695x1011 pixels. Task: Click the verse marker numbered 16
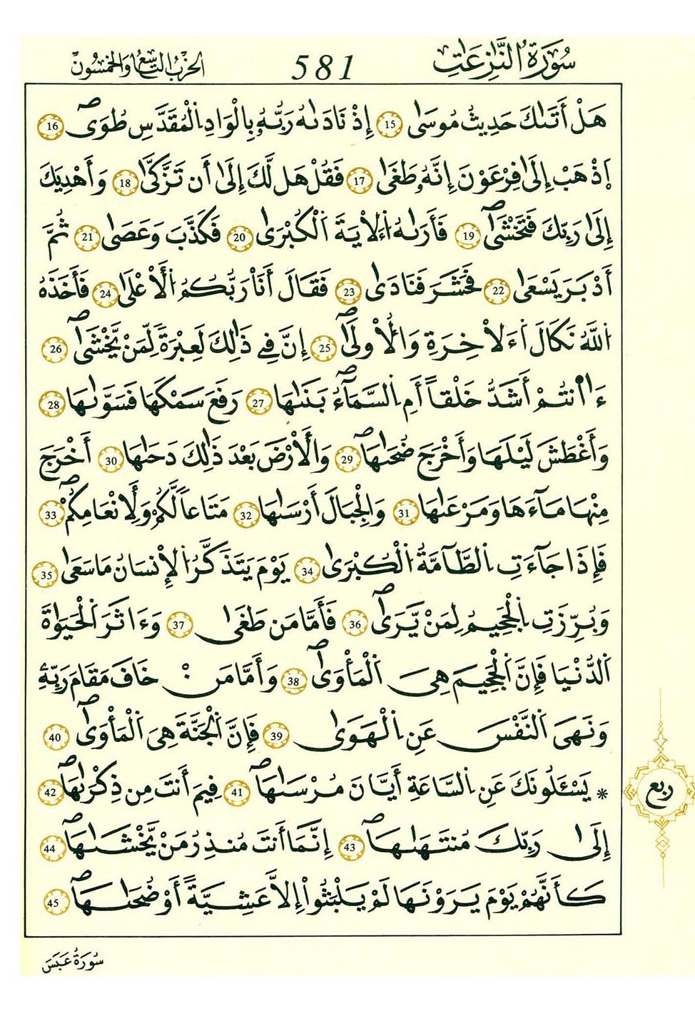point(52,127)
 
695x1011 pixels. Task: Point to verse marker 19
point(469,235)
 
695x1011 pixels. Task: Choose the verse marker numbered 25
point(325,349)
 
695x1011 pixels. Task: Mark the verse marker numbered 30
point(111,461)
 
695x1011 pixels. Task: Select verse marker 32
point(246,515)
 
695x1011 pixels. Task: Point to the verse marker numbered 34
point(308,571)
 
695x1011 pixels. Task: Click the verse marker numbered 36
point(355,626)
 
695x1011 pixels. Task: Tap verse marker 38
point(293,681)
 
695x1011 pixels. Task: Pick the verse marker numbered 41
point(238,793)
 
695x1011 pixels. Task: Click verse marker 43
point(350,848)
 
